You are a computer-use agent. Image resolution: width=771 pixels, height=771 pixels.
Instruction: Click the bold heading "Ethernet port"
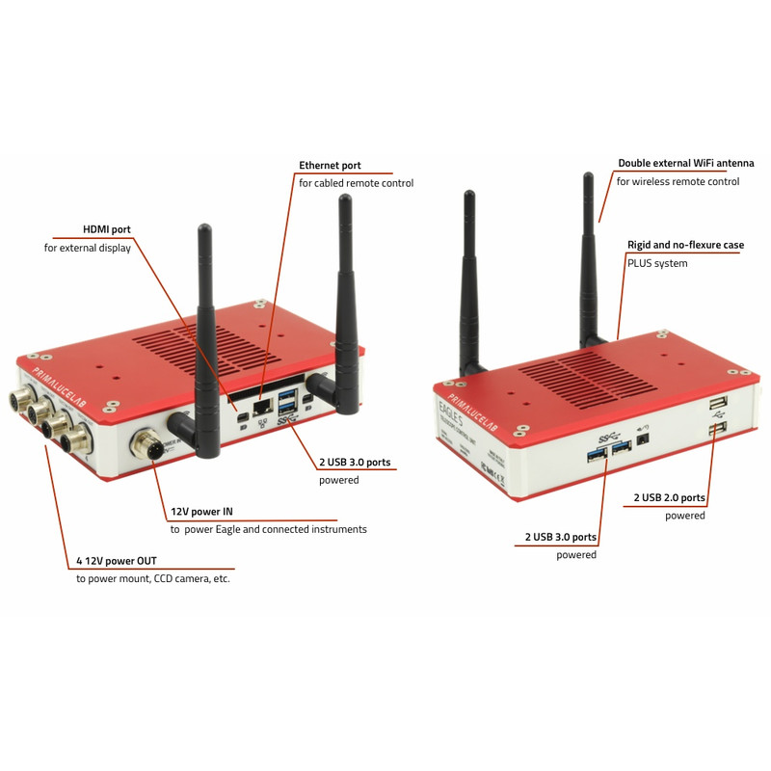tap(330, 166)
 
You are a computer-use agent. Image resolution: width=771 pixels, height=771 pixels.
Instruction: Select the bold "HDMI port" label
tap(106, 229)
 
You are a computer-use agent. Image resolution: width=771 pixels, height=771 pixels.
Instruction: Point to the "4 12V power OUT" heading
tap(116, 561)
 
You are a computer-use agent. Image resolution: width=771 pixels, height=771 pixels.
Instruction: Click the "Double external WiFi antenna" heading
tap(685, 164)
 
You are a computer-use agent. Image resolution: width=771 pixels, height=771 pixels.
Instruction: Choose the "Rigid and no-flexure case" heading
tap(685, 245)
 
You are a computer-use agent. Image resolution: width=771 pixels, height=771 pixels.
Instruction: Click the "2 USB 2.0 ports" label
tap(669, 498)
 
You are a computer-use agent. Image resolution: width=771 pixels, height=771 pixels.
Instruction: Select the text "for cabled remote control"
tap(356, 183)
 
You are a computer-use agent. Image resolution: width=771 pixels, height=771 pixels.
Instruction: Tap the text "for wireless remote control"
tap(678, 181)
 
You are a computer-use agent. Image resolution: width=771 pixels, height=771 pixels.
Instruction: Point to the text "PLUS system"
tap(657, 262)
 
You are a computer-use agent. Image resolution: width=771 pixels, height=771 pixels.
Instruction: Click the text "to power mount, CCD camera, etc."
tap(153, 578)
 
